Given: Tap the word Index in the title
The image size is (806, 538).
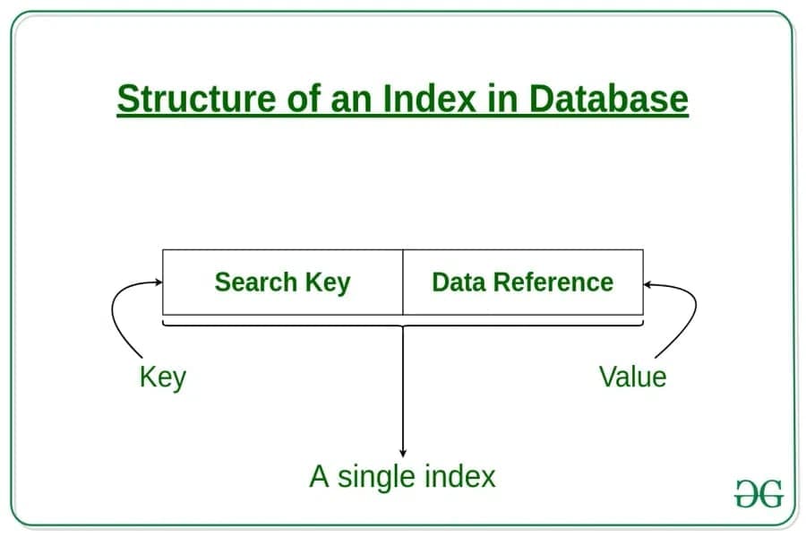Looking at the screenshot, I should pyautogui.click(x=428, y=99).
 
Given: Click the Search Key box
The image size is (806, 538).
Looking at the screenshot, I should pyautogui.click(x=282, y=282).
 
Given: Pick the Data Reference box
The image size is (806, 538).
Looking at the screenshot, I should pyautogui.click(x=523, y=282).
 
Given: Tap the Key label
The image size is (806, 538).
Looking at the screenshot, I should pyautogui.click(x=162, y=377).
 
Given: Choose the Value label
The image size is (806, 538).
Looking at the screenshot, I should pyautogui.click(x=632, y=377).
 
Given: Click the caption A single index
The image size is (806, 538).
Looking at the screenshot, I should pyautogui.click(x=402, y=475).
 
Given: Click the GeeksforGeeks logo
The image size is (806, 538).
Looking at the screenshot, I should pyautogui.click(x=759, y=494).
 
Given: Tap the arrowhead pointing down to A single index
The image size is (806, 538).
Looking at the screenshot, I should pyautogui.click(x=403, y=453).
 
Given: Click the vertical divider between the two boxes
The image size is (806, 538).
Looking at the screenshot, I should pyautogui.click(x=403, y=282).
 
